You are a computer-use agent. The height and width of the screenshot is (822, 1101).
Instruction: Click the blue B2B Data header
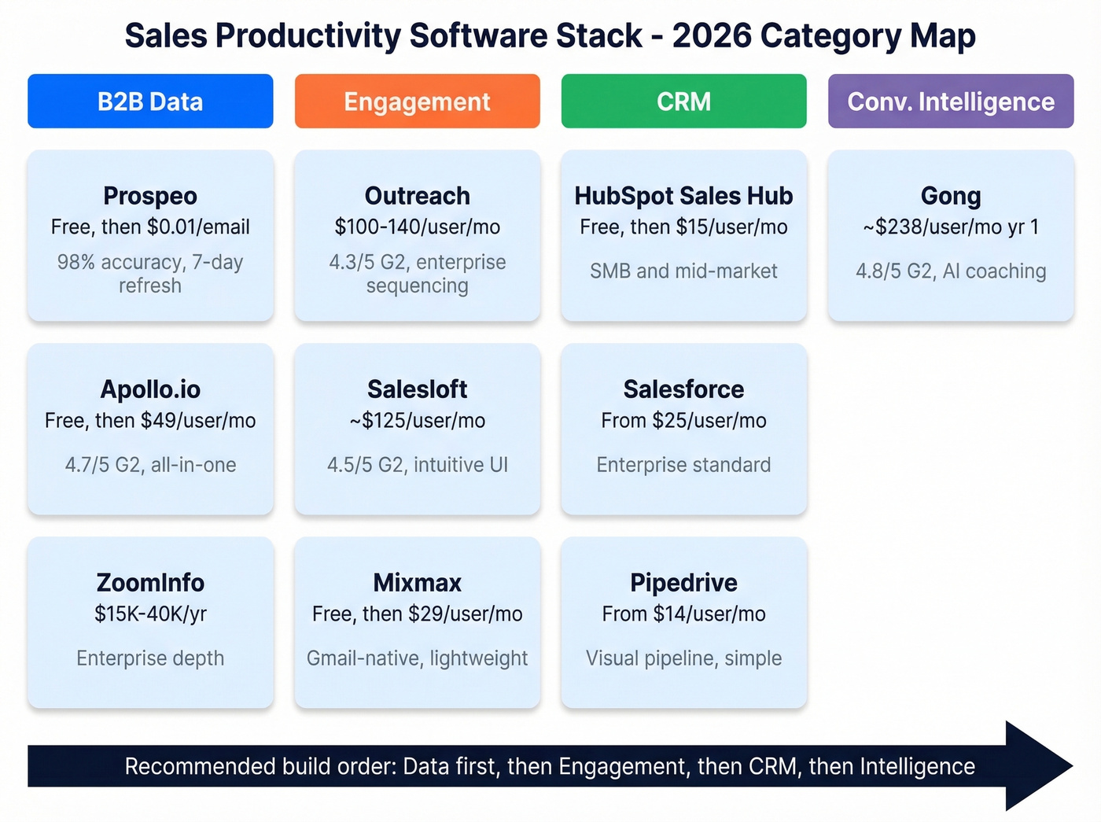(x=150, y=101)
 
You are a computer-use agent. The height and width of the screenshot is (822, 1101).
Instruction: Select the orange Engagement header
(x=417, y=101)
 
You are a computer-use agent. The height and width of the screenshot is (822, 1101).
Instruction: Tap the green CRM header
(x=683, y=101)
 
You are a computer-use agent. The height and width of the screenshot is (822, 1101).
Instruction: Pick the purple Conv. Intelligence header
(x=950, y=101)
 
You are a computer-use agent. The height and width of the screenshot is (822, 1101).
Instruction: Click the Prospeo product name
(x=150, y=195)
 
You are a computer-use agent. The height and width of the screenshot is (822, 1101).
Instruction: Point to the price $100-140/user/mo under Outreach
(x=417, y=227)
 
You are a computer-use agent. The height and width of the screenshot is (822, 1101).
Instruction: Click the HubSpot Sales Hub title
(x=683, y=195)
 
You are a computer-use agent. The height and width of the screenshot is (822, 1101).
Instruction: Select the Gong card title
(x=950, y=195)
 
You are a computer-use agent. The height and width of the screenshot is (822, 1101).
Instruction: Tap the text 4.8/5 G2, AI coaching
(x=950, y=271)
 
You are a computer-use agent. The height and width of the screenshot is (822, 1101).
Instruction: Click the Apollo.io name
(x=150, y=389)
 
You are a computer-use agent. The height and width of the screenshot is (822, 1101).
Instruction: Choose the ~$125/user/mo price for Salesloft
(x=417, y=421)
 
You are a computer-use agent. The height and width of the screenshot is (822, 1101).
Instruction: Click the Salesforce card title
(x=683, y=389)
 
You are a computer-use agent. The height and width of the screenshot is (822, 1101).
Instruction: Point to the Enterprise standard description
(x=683, y=465)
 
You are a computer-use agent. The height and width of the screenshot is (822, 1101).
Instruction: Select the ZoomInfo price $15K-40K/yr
(x=150, y=614)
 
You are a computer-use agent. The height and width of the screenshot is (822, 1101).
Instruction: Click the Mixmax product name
(x=417, y=582)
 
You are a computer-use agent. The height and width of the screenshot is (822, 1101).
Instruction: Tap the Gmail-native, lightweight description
(x=417, y=658)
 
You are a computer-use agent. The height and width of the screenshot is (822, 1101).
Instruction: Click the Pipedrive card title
(x=683, y=582)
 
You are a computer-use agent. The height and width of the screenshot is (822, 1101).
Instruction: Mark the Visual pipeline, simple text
(x=683, y=658)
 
